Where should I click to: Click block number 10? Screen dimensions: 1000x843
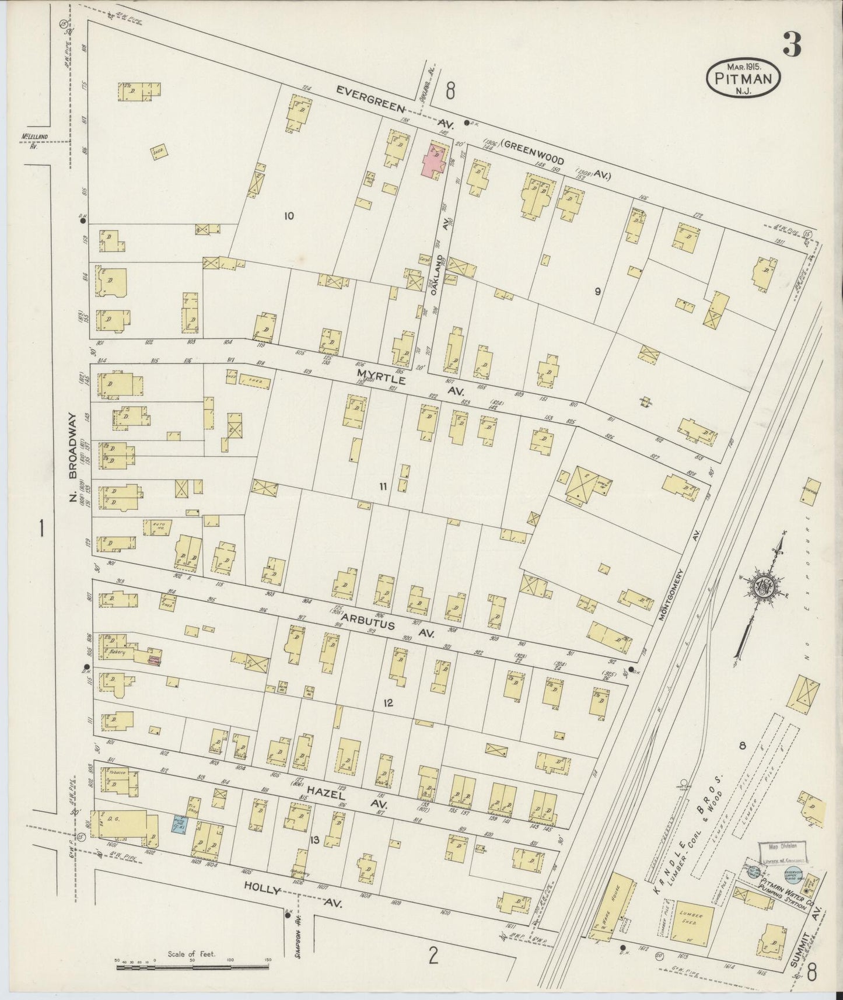coord(288,216)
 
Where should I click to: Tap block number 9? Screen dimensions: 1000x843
coord(597,292)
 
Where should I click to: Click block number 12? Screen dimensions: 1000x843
coord(388,703)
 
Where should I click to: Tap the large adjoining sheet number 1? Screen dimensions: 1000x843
coord(41,530)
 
